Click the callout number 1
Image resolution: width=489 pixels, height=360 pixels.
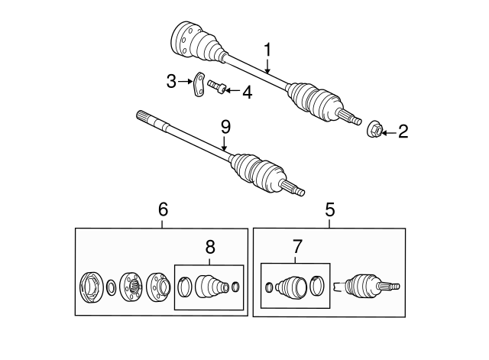[x=267, y=49]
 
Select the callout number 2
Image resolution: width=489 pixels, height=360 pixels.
[x=402, y=131]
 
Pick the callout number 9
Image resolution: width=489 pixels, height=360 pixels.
[x=225, y=125]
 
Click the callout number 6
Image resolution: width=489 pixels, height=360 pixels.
[x=162, y=209]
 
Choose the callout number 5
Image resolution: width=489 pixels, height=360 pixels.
[x=329, y=209]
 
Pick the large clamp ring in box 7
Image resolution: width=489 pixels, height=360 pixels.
[x=318, y=287]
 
